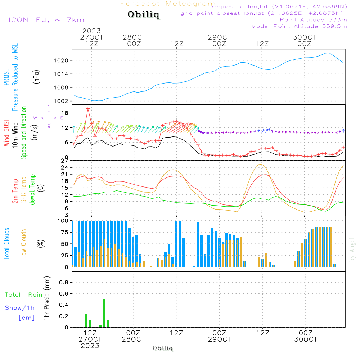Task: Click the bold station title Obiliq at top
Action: tap(143, 15)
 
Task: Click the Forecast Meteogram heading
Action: tap(168, 4)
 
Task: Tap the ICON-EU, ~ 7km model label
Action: tap(46, 20)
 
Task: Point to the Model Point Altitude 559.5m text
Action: tap(299, 26)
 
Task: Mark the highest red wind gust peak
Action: tap(88, 108)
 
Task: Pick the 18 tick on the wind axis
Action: tap(66, 113)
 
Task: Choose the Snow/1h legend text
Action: tap(20, 308)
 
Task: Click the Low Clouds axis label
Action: tap(24, 244)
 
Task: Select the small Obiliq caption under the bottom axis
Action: tap(163, 348)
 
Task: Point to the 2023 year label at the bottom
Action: tap(90, 346)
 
